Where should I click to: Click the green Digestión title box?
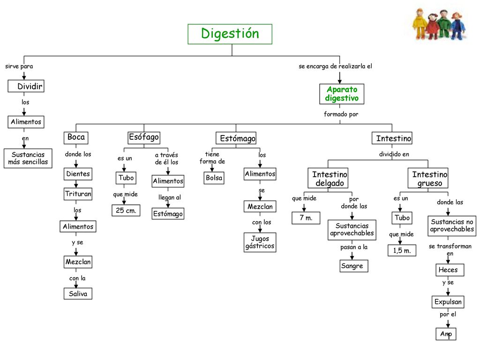point(230,34)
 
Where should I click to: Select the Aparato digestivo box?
point(342,94)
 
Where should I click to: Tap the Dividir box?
point(26,86)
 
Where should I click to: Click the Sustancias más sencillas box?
point(28,158)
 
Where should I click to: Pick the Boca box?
point(76,137)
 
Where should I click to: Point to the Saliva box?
point(78,293)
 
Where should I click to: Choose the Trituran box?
point(78,194)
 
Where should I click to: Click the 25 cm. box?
point(126,210)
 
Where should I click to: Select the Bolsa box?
point(214,178)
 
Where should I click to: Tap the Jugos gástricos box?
point(260,242)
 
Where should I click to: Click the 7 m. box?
point(306,217)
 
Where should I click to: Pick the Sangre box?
point(352,266)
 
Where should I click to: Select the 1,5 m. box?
point(402,250)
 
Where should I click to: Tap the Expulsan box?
point(448,302)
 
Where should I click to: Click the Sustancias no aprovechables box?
point(452,226)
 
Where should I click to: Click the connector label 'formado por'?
point(341,114)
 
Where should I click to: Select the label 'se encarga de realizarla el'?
point(335,66)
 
